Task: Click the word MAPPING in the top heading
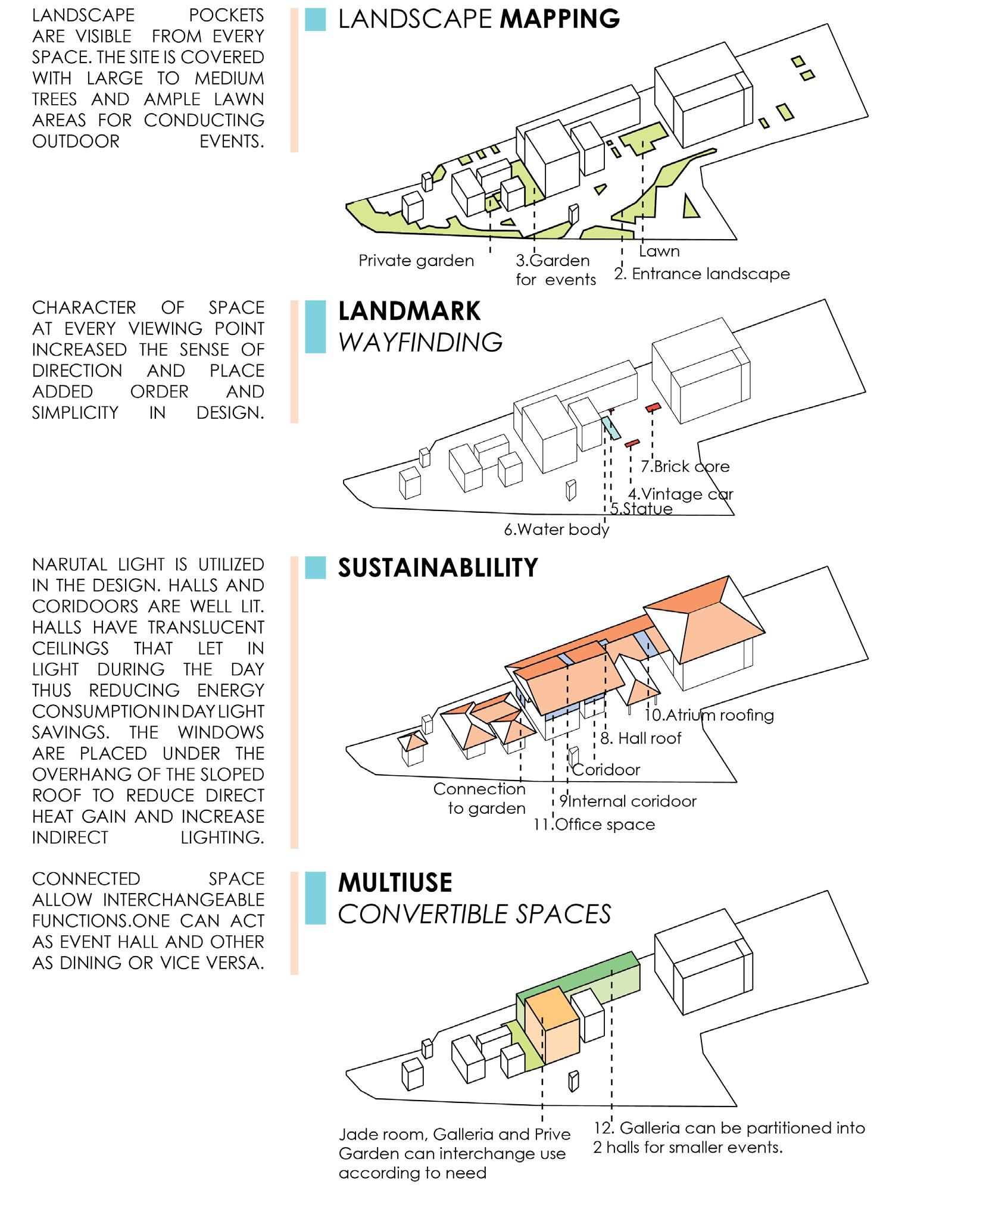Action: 560,19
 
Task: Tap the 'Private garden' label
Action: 416,261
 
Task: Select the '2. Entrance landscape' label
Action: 702,274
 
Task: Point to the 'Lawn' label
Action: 659,251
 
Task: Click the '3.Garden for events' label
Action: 555,270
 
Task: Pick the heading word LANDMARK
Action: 409,311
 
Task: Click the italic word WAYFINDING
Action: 420,342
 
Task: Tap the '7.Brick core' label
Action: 685,466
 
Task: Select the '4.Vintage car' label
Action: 681,494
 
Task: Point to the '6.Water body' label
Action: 557,529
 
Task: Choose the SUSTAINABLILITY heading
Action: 438,568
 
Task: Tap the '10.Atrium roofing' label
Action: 709,715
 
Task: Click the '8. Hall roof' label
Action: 641,738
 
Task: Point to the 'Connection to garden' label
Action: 480,798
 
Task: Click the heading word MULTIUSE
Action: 395,882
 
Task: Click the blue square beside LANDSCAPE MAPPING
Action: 315,20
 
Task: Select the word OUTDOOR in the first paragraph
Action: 76,142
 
